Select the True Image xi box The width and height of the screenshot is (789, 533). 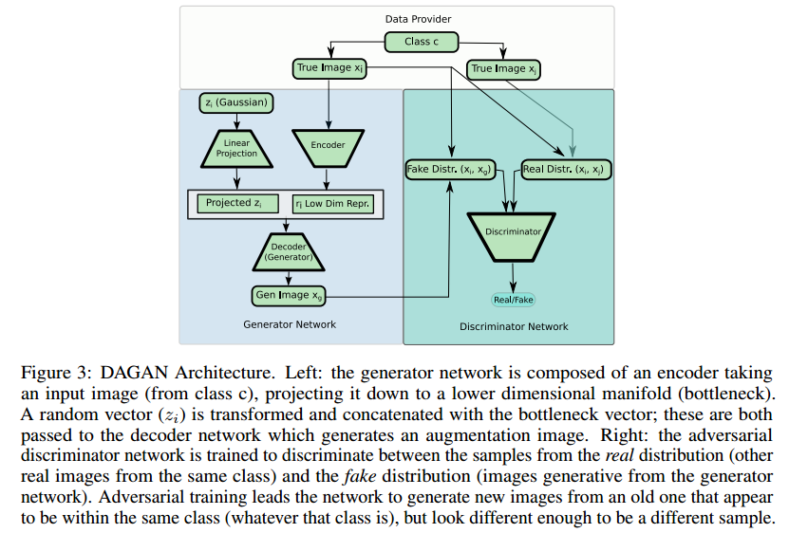[328, 68]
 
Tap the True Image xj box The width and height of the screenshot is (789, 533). [503, 68]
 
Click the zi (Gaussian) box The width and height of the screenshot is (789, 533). [236, 101]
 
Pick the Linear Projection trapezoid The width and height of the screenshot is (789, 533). [236, 148]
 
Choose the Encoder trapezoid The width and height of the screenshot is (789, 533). [328, 145]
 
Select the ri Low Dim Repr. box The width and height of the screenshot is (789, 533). [331, 203]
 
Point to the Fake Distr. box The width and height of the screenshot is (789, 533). [449, 171]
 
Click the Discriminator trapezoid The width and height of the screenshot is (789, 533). [514, 232]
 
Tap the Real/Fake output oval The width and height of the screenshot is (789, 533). [514, 300]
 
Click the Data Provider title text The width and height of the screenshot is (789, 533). [418, 19]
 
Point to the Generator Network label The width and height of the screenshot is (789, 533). [290, 324]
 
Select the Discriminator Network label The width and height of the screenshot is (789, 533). [514, 326]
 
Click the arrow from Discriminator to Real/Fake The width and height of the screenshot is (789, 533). [514, 276]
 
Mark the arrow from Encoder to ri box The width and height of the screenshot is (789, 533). [328, 177]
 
